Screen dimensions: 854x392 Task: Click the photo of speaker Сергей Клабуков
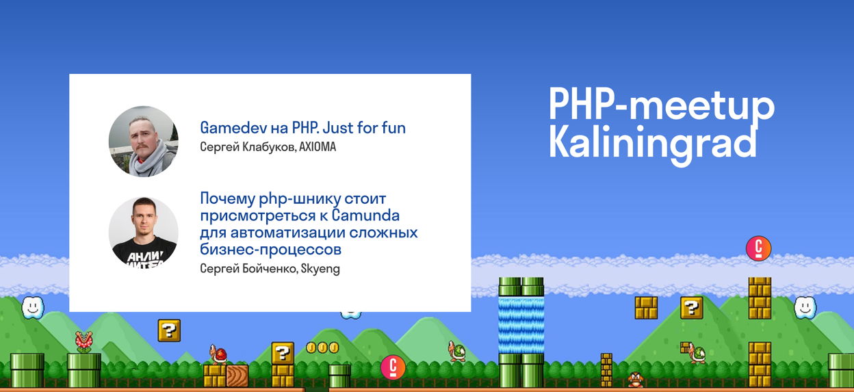[143, 142]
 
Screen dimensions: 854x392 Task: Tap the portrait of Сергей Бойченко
[143, 232]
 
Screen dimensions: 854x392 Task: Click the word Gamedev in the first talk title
[233, 128]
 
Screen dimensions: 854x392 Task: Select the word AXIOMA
[318, 147]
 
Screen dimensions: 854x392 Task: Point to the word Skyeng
[320, 270]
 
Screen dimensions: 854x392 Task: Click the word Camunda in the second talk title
[365, 215]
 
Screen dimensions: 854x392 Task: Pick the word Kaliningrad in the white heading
[652, 144]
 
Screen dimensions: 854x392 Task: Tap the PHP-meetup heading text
[662, 104]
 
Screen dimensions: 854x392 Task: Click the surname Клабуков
[269, 147]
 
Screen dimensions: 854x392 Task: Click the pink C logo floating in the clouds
[758, 248]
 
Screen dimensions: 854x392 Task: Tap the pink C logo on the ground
[393, 367]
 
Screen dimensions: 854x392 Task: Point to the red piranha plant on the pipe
[84, 341]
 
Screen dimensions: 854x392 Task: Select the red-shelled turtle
[218, 354]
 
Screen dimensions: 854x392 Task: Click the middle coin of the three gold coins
[322, 348]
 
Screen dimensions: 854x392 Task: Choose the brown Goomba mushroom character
[636, 380]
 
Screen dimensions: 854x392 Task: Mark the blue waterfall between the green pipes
[521, 325]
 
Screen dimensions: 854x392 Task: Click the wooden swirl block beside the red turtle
[237, 376]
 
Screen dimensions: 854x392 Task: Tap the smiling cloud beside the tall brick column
[805, 307]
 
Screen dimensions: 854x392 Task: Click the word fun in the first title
[393, 128]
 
